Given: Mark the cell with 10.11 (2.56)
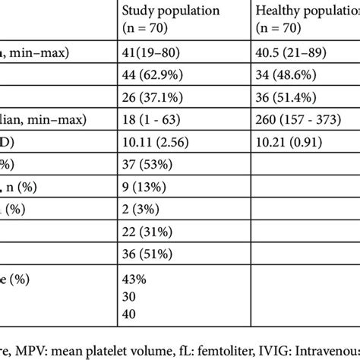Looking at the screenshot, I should pyautogui.click(x=153, y=141).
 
